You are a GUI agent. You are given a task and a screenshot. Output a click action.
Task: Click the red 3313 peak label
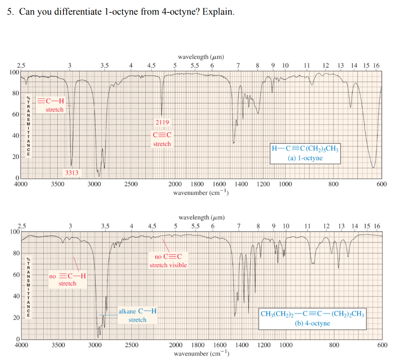pyautogui.click(x=72, y=173)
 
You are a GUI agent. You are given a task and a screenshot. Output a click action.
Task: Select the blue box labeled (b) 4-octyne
pyautogui.click(x=312, y=318)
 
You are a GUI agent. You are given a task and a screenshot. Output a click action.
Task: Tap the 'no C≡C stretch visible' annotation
pyautogui.click(x=168, y=260)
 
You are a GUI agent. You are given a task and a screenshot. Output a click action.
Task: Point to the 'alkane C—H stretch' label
pyautogui.click(x=137, y=315)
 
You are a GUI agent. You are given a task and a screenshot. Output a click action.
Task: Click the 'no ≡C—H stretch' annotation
pyautogui.click(x=67, y=280)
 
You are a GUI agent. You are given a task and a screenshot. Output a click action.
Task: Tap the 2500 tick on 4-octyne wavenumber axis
pyautogui.click(x=132, y=345)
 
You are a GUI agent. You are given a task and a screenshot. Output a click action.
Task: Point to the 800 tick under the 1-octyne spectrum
pyautogui.click(x=334, y=184)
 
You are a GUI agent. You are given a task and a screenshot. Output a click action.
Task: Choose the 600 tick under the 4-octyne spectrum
pyautogui.click(x=382, y=345)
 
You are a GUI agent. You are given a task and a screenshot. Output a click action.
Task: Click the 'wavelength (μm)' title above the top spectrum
pyautogui.click(x=201, y=57)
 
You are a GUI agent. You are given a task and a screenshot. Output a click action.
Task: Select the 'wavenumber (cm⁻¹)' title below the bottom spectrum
pyautogui.click(x=201, y=354)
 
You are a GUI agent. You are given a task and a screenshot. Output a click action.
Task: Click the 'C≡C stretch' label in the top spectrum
pyautogui.click(x=162, y=139)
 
